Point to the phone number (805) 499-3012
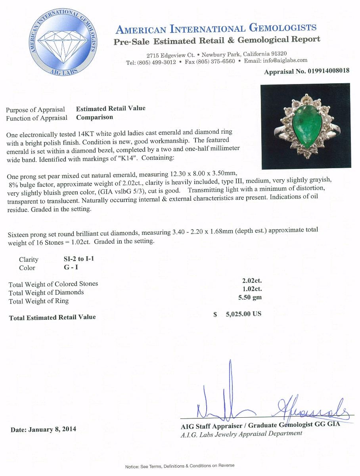[157, 62]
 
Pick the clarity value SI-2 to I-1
[79, 259]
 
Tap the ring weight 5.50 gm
[252, 297]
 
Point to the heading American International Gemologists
[216, 28]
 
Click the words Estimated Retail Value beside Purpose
[111, 108]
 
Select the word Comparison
[94, 117]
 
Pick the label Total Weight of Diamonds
[46, 292]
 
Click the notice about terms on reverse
[180, 466]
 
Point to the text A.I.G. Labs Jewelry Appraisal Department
[241, 434]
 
